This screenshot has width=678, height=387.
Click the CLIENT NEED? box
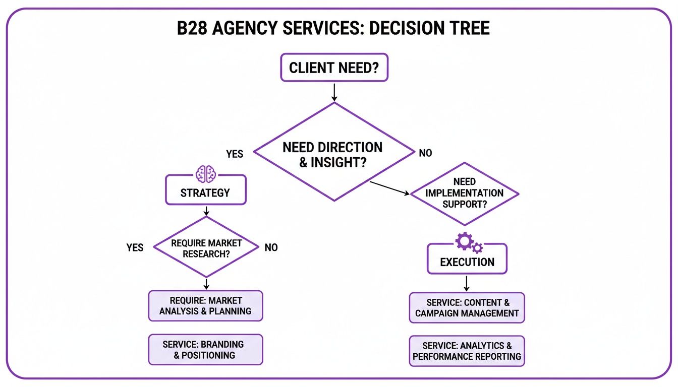pos(334,68)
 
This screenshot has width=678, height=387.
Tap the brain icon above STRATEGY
pos(205,173)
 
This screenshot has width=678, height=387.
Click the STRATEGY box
pos(205,192)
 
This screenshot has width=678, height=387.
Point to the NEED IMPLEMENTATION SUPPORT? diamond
pos(464,193)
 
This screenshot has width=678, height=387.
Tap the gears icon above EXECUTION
pos(469,243)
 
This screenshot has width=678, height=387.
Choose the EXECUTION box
pos(467,262)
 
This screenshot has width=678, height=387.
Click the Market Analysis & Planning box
pos(205,306)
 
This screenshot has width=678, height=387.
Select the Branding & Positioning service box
pos(205,350)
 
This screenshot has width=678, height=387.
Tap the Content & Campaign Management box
pos(467,308)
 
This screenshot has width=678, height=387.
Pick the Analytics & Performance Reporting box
pos(467,351)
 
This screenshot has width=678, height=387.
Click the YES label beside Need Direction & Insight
pos(235,154)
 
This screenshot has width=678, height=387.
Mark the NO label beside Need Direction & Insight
pos(425,153)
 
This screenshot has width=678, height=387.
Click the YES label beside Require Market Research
pos(135,247)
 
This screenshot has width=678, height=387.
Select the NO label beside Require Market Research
pos(271,247)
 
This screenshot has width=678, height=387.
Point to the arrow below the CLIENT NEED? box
pos(333,91)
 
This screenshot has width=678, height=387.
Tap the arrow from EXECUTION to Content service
pos(467,283)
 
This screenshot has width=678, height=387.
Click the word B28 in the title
pos(192,28)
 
